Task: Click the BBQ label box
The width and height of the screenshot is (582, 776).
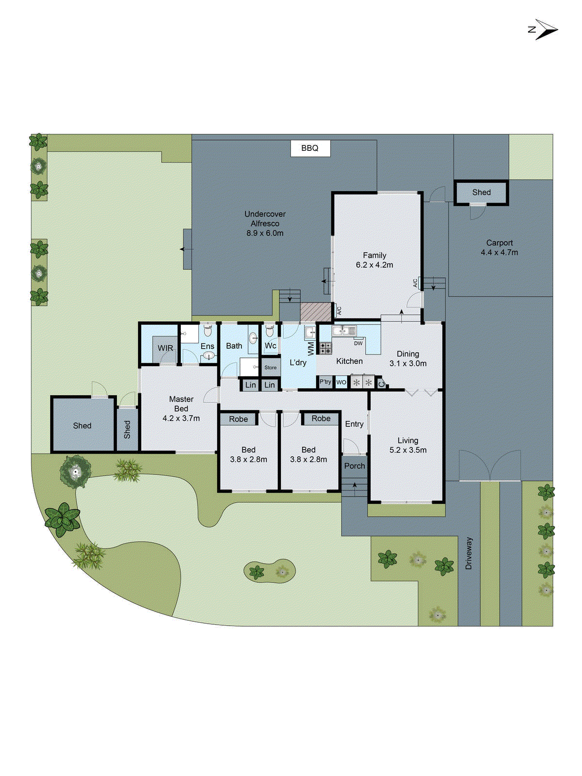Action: point(310,148)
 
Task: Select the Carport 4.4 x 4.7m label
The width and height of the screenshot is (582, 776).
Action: point(499,248)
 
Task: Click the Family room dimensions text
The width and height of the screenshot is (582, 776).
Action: point(374,265)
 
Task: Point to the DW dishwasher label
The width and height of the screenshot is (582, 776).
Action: point(358,343)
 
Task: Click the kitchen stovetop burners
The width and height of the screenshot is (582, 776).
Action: point(325,348)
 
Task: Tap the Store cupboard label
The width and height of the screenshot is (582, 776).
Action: point(271,368)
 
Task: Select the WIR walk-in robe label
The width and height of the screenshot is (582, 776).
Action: point(165,348)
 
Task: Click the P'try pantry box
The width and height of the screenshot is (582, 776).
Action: point(325,382)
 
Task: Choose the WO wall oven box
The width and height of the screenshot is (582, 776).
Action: point(341,382)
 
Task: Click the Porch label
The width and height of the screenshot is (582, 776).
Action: point(355,466)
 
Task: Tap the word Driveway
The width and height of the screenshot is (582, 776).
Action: point(469,553)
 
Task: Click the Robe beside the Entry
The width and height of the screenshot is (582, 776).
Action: point(321,419)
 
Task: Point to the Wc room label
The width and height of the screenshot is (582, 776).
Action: point(270,346)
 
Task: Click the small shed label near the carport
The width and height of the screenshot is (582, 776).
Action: point(481,193)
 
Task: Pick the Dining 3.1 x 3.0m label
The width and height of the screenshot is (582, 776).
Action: point(408,359)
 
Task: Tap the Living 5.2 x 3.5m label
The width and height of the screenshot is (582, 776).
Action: point(408,445)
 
